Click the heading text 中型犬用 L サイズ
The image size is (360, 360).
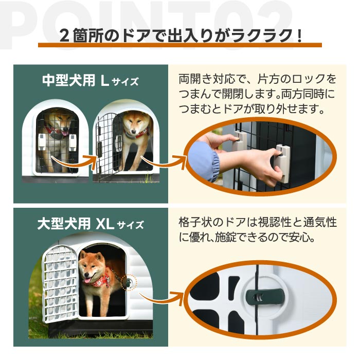click(x=90, y=81)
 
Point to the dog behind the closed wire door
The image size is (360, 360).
click(x=56, y=131)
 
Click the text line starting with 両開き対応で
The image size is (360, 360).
click(x=257, y=80)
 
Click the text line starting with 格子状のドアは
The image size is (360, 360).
click(x=257, y=223)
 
